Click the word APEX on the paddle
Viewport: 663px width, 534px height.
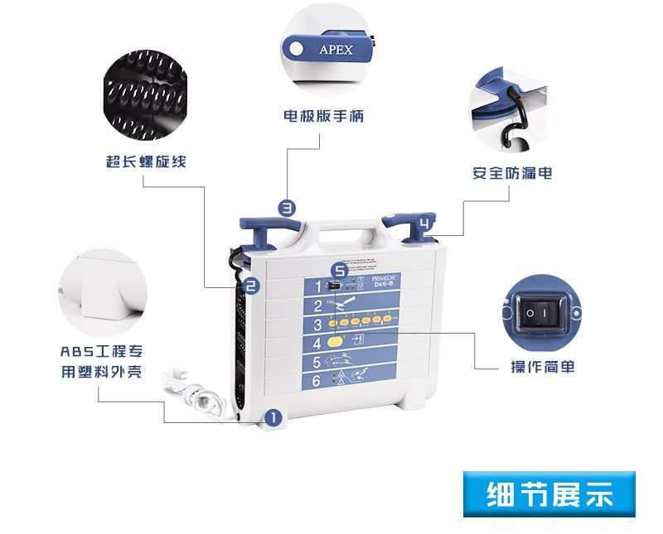pos(336,50)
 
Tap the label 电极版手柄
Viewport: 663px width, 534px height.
pos(323,116)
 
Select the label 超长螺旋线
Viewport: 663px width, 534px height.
pos(146,161)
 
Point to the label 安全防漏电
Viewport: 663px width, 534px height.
pos(512,173)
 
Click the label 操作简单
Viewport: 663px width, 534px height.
pos(543,367)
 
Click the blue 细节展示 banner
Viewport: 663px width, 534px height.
pos(549,494)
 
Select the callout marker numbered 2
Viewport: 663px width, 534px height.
pos(251,286)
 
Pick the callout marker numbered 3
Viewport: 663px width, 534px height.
pos(287,209)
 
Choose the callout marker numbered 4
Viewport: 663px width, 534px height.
pos(424,224)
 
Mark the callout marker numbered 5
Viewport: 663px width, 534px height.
pos(338,270)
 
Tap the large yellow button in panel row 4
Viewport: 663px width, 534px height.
pos(335,342)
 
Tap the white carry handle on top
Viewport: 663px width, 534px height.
pos(345,228)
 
